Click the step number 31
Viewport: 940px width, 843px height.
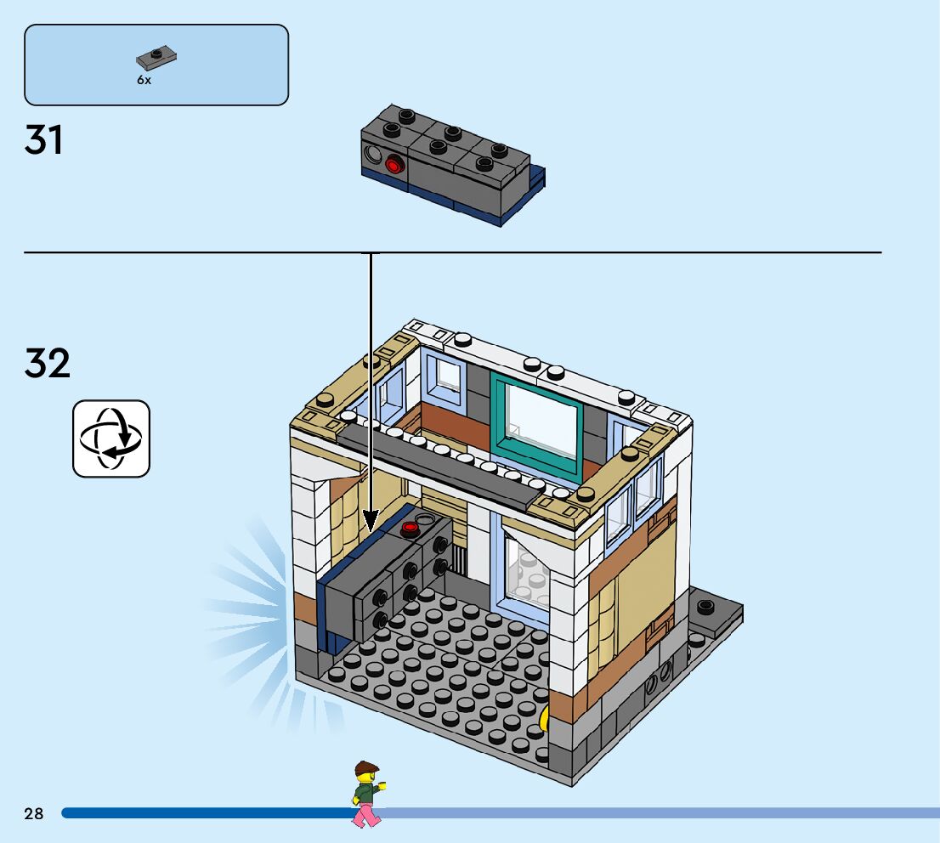click(x=44, y=140)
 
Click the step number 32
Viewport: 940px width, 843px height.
click(x=48, y=364)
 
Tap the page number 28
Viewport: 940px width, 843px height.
click(x=34, y=814)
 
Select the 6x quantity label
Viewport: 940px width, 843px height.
click(x=144, y=80)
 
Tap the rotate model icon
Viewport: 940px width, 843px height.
click(x=111, y=438)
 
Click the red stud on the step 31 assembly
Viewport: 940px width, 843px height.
click(x=394, y=164)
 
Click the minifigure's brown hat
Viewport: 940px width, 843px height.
click(x=366, y=767)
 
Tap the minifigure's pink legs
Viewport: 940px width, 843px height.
click(x=367, y=815)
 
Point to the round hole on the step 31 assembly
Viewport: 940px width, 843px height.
click(x=373, y=156)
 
